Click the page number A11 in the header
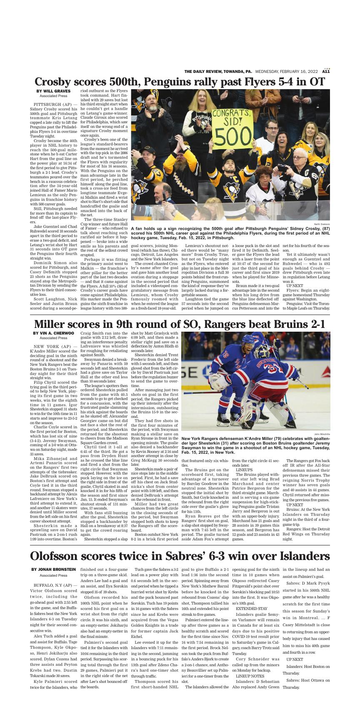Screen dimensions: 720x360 pyautogui.click(x=326, y=72)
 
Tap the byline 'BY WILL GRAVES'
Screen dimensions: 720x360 pyautogui.click(x=53, y=91)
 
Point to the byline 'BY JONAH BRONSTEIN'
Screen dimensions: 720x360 pyautogui.click(x=53, y=569)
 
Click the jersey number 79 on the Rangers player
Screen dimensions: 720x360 pyautogui.click(x=226, y=355)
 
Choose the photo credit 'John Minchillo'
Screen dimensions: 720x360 pyautogui.click(x=322, y=434)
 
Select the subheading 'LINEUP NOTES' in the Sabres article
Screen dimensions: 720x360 pyautogui.click(x=250, y=675)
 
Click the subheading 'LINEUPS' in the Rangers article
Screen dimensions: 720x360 pyautogui.click(x=244, y=469)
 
